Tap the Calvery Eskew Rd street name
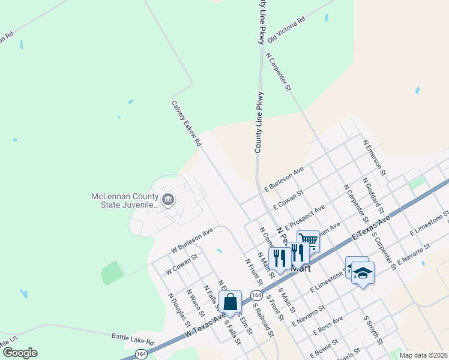click(187, 124)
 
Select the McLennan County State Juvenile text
click(124, 200)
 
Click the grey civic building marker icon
click(168, 199)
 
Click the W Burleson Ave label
click(192, 239)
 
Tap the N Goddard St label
click(373, 196)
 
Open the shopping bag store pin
click(231, 302)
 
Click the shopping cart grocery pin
click(309, 240)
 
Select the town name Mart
click(301, 268)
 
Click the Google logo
click(20, 352)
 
